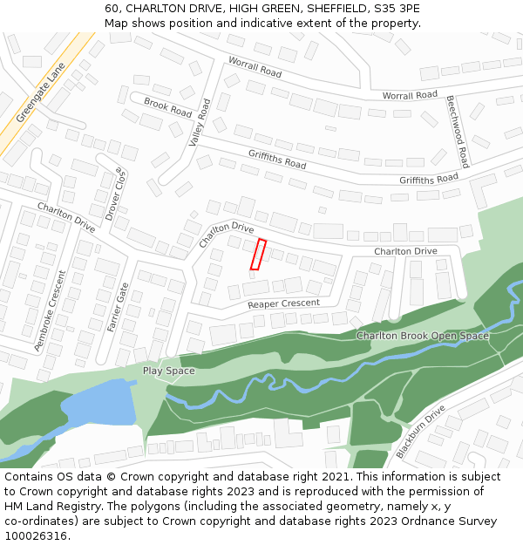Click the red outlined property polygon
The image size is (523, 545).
258,254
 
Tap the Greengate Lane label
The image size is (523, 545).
41,96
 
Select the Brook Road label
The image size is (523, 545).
168,107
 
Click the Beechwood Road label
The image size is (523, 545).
458,132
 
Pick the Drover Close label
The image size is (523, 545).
116,194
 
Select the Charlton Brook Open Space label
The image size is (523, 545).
423,336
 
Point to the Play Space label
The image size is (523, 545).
169,371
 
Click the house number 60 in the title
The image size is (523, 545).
112,8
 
